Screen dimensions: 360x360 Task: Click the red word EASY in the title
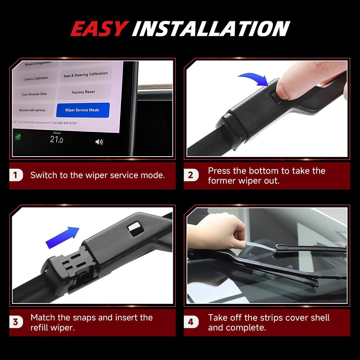pos(99,29)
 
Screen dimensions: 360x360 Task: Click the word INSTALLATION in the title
pos(211,29)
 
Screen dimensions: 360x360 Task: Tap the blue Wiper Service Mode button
pos(82,110)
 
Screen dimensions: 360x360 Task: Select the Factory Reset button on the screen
pos(83,92)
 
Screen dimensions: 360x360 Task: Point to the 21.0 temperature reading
pos(57,139)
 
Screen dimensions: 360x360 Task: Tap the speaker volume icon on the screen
pos(99,142)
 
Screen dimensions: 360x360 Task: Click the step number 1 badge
pos(15,176)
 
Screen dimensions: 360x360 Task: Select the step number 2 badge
pos(191,176)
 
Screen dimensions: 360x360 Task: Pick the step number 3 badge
pos(15,322)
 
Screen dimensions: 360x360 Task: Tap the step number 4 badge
pos(191,322)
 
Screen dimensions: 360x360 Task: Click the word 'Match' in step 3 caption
pos(43,318)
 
